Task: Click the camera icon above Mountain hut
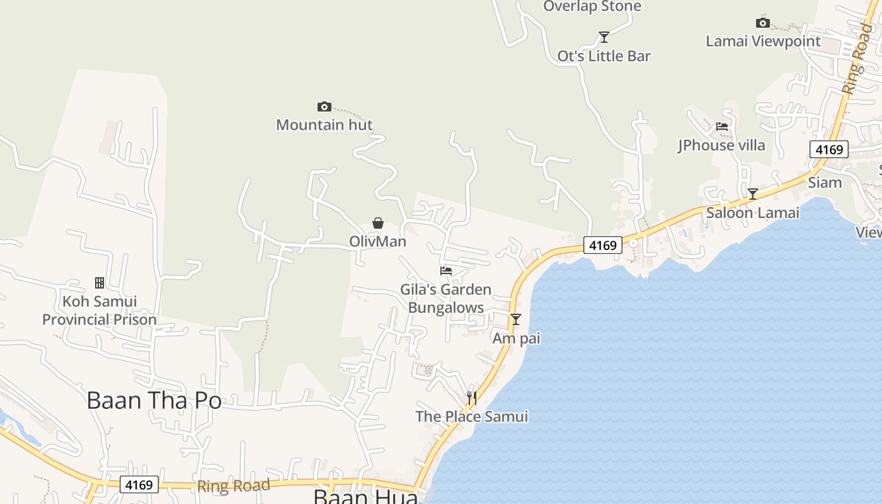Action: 324,106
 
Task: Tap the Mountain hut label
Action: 324,125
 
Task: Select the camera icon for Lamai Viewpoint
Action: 763,23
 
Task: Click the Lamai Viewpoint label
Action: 763,42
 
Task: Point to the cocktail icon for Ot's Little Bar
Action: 604,37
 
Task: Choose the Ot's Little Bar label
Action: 604,56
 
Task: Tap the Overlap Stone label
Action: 592,7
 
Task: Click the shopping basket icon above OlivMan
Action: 378,223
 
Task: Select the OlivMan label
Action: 378,241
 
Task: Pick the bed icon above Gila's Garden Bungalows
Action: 446,271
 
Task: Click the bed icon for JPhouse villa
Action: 722,127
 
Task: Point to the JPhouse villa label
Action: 721,146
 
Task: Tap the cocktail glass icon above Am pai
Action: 516,319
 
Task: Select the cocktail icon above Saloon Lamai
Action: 752,194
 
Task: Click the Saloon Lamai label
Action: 752,213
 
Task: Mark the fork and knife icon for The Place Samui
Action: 471,398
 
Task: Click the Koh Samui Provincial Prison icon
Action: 99,283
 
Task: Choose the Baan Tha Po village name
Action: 154,400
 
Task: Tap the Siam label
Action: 825,183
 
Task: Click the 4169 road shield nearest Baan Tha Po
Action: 139,484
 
